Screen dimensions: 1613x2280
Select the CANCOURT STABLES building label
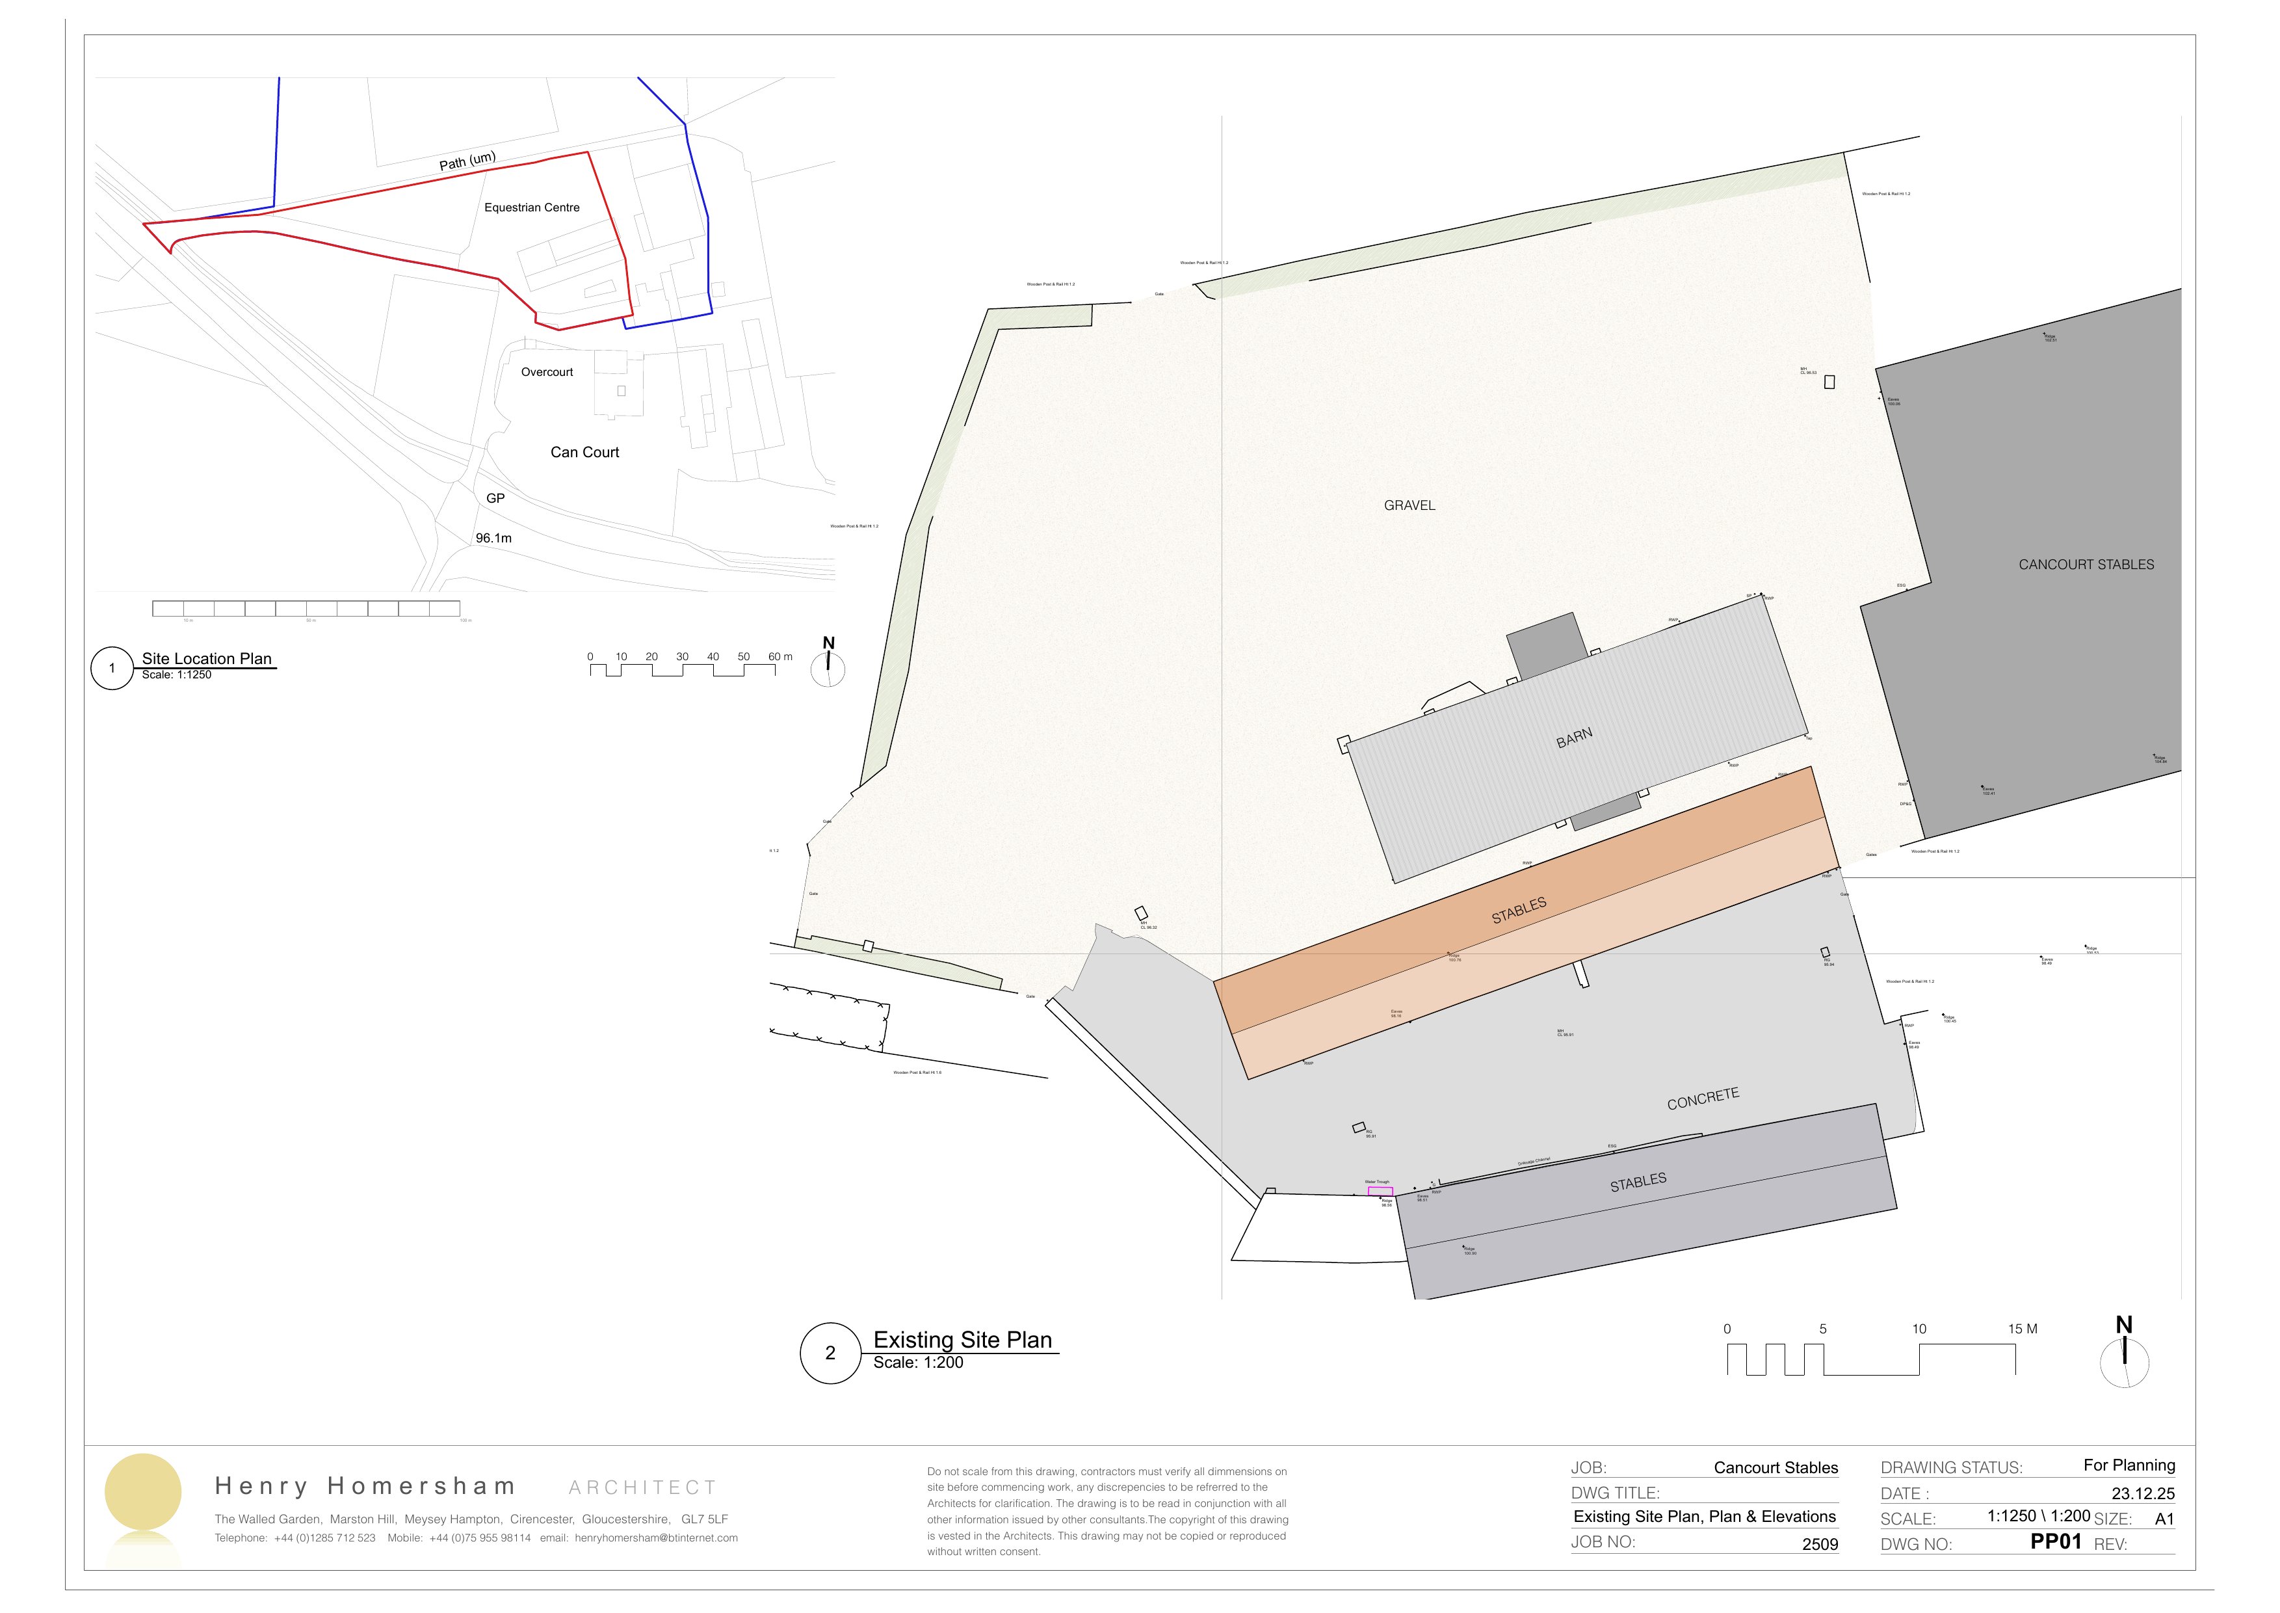coord(2086,564)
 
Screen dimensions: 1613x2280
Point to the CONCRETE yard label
coord(1703,1099)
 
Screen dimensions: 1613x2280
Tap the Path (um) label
coord(467,161)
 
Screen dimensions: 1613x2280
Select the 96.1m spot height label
coord(493,539)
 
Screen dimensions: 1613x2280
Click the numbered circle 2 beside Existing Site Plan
coord(830,1353)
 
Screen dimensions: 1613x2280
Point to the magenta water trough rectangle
coord(1380,1191)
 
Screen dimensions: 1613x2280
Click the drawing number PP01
coord(2056,1541)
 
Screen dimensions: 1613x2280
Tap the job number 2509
coord(1820,1545)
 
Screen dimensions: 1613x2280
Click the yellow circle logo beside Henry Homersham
coord(143,1492)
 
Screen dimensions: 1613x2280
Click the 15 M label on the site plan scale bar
coord(2022,1329)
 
